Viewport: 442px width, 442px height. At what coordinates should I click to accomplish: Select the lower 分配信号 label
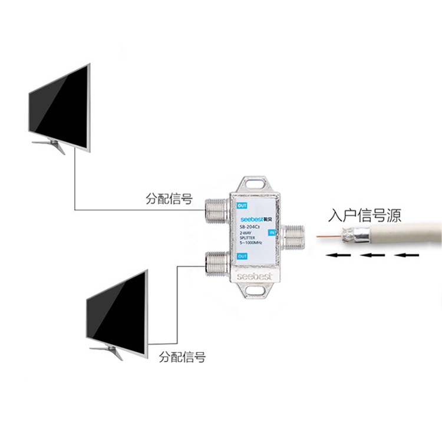(x=183, y=357)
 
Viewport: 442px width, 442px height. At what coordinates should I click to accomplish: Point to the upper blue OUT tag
(x=242, y=206)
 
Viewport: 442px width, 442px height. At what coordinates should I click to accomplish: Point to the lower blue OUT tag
(x=242, y=256)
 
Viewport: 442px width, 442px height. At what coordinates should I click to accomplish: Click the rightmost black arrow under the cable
(x=408, y=256)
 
